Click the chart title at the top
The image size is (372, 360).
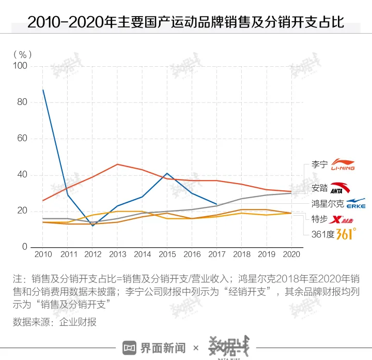coord(185,21)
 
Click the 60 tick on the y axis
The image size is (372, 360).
coord(23,139)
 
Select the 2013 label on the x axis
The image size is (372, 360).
coord(117,254)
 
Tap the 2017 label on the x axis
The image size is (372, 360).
coord(216,254)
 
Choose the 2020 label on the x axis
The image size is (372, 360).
coord(291,254)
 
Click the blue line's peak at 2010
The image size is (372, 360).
coord(43,89)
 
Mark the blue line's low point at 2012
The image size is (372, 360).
coord(92,226)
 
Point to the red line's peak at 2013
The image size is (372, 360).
coord(117,164)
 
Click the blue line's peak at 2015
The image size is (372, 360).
coord(167,173)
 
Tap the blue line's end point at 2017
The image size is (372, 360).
coord(216,204)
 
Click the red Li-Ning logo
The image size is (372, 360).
coord(343,164)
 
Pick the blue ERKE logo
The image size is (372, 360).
coord(355,203)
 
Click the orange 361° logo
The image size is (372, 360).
coord(346,233)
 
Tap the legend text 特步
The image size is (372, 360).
coord(320,219)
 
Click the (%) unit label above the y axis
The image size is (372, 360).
coord(23,53)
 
